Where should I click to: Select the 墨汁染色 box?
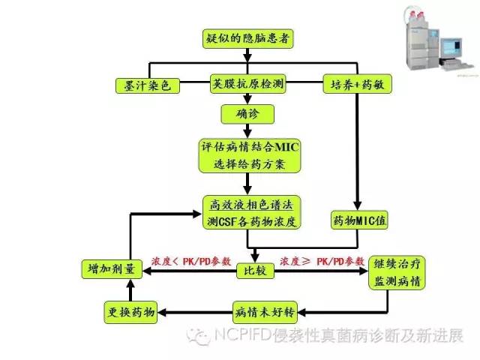147,85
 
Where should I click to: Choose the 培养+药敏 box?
357,85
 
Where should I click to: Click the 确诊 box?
246,115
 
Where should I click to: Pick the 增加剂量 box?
108,268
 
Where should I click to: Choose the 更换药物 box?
128,311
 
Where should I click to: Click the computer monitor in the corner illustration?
457,54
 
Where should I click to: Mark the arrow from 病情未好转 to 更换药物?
195,311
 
